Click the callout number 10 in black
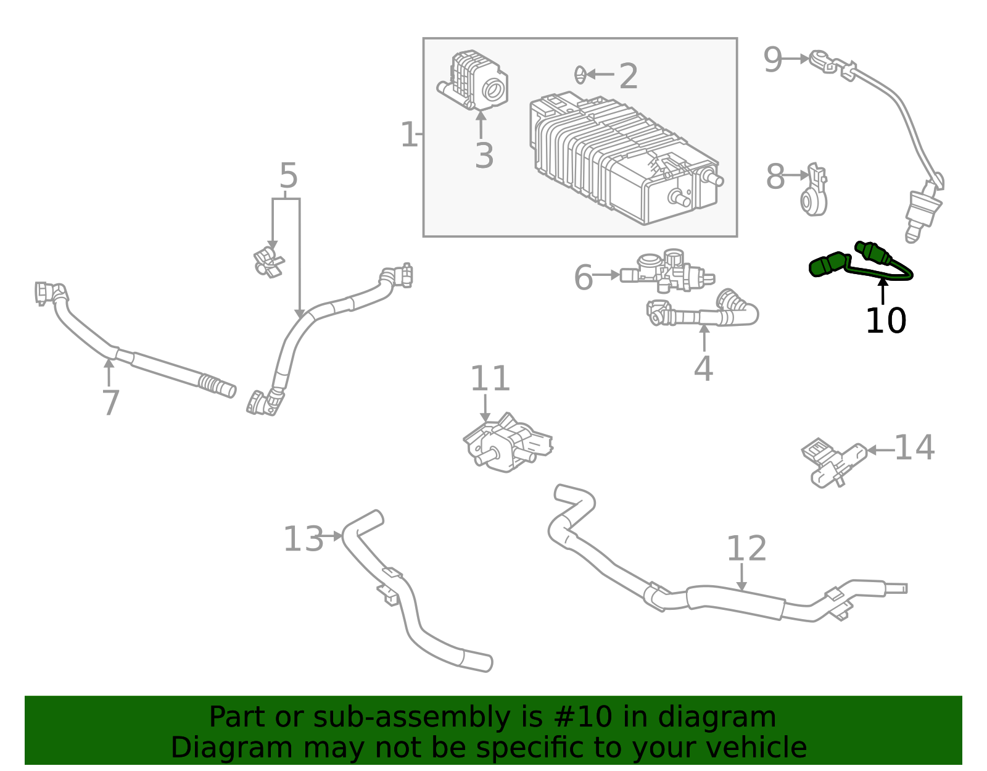(x=885, y=321)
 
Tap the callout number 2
(x=628, y=77)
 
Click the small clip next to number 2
(x=580, y=75)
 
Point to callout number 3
(x=484, y=156)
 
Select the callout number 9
(x=772, y=60)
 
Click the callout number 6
(x=583, y=277)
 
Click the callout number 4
(x=703, y=369)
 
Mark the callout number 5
(x=288, y=176)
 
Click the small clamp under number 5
(x=269, y=262)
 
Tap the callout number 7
(x=110, y=402)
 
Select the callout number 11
(x=490, y=378)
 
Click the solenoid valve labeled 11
(x=506, y=444)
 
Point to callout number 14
(x=914, y=448)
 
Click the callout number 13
(x=303, y=539)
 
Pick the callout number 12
(x=746, y=548)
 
